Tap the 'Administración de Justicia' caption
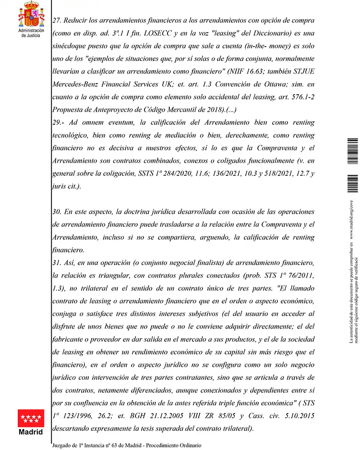coord(30,33)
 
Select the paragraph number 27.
coord(57,22)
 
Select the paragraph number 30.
coord(58,212)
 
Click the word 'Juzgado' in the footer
coord(63,445)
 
